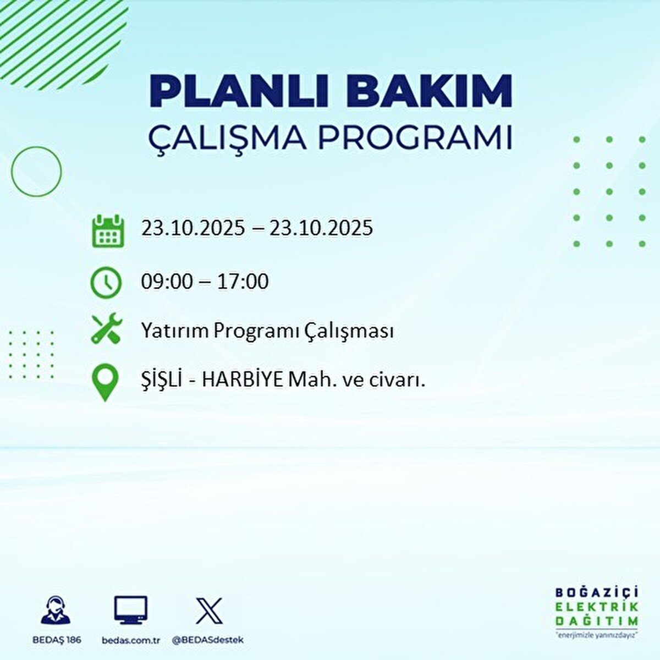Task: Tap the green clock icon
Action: (106, 282)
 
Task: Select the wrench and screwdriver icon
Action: (106, 329)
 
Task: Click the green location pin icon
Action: (105, 383)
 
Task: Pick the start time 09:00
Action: (167, 282)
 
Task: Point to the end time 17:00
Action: (243, 282)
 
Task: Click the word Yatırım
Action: (174, 331)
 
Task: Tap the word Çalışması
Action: (348, 331)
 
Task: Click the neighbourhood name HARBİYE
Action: (242, 380)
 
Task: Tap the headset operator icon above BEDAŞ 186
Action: (56, 610)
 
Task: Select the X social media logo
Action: (209, 610)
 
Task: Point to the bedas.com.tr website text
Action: (131, 640)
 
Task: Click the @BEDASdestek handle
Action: (208, 640)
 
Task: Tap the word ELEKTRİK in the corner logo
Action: (597, 607)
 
